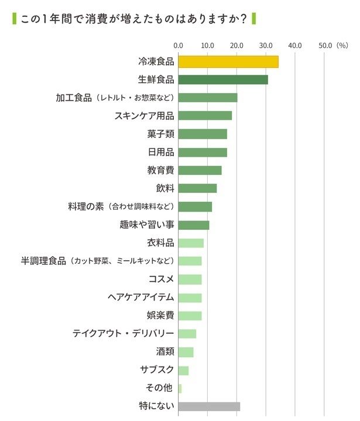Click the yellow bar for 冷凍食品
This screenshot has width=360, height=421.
(228, 61)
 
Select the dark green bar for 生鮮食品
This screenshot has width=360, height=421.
(222, 80)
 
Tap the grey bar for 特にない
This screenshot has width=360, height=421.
(209, 406)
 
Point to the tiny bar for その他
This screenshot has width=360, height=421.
(180, 388)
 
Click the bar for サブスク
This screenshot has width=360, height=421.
(183, 370)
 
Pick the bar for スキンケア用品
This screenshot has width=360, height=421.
(205, 116)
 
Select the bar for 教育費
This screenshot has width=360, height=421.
(200, 170)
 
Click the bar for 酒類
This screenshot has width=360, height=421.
(186, 352)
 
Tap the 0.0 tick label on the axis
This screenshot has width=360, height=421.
(179, 44)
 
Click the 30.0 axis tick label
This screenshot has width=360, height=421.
(266, 44)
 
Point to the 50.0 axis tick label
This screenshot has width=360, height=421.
(324, 44)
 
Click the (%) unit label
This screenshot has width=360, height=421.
(343, 44)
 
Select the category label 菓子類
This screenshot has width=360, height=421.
(160, 134)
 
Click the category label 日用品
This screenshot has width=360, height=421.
(160, 152)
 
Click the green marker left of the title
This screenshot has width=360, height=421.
(13, 19)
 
